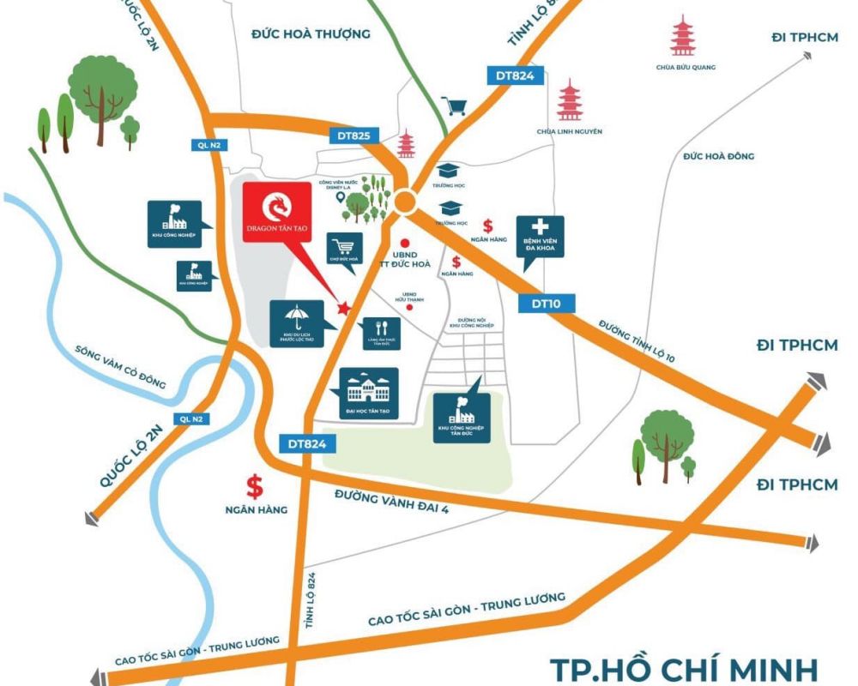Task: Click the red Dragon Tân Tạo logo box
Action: click(276, 212)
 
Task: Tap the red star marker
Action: click(344, 308)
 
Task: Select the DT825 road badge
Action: click(353, 135)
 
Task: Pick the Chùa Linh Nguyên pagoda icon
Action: click(569, 100)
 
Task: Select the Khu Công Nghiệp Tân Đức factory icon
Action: click(462, 412)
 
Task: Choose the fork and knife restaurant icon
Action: click(381, 327)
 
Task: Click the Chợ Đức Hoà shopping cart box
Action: click(346, 248)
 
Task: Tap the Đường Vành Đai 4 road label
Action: click(392, 502)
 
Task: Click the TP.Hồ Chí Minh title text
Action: click(683, 667)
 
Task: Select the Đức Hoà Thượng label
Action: click(311, 34)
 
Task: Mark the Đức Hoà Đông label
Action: click(719, 156)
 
